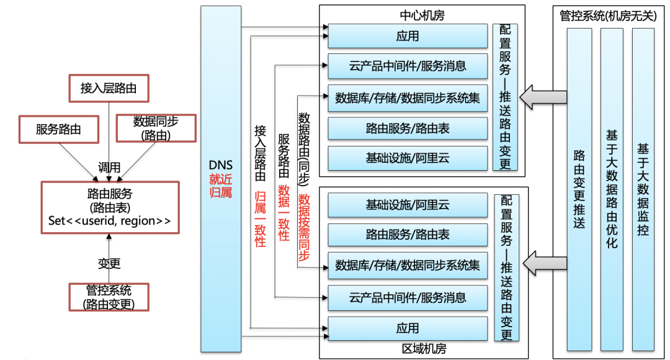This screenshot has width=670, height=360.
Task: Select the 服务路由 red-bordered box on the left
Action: pyautogui.click(x=58, y=129)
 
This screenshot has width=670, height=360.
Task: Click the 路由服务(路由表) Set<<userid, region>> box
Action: pyautogui.click(x=109, y=207)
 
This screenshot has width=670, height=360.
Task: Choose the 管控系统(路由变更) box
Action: pyautogui.click(x=109, y=297)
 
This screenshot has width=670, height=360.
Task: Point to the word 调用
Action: pyautogui.click(x=109, y=168)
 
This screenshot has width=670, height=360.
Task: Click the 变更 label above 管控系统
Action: pyautogui.click(x=109, y=263)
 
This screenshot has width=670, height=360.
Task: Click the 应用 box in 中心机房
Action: pyautogui.click(x=408, y=36)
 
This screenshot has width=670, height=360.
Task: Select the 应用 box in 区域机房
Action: pyautogui.click(x=408, y=328)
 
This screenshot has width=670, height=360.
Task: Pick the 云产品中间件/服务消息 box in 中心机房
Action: pyautogui.click(x=408, y=66)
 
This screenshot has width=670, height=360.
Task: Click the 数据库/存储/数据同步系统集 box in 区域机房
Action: pyautogui.click(x=408, y=266)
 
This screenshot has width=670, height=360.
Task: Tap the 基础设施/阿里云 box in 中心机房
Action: pyautogui.click(x=408, y=158)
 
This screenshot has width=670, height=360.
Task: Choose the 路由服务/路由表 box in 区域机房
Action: pyautogui.click(x=408, y=235)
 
